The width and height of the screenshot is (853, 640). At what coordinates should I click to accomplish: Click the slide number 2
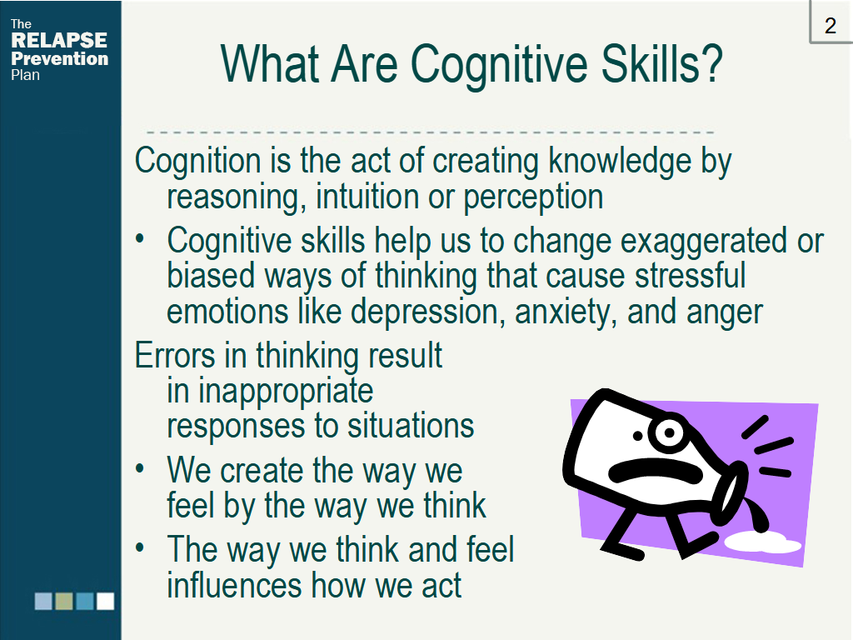(x=830, y=26)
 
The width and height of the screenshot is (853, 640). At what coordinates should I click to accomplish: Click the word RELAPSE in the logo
(x=59, y=40)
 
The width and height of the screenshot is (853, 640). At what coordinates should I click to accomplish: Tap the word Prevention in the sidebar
(x=59, y=58)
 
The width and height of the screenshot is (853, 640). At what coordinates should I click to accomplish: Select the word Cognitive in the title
(x=499, y=65)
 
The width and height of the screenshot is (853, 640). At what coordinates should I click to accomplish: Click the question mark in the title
(x=710, y=63)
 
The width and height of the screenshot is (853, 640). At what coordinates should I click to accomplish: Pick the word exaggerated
(x=704, y=241)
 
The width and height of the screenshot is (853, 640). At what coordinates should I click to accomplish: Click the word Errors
(x=175, y=356)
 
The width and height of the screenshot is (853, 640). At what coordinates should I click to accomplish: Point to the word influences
(x=235, y=585)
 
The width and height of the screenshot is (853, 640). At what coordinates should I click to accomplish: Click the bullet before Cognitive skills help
(x=140, y=238)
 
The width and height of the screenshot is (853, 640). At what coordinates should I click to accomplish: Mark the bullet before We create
(x=140, y=468)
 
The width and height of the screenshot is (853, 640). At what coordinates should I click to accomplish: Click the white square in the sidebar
(x=106, y=601)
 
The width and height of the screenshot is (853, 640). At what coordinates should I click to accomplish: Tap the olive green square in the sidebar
(x=64, y=601)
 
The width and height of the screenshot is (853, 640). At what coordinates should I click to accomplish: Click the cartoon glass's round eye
(x=669, y=432)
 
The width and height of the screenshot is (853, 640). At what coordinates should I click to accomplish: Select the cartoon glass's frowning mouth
(x=656, y=470)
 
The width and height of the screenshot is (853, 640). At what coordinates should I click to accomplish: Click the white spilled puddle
(x=761, y=542)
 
